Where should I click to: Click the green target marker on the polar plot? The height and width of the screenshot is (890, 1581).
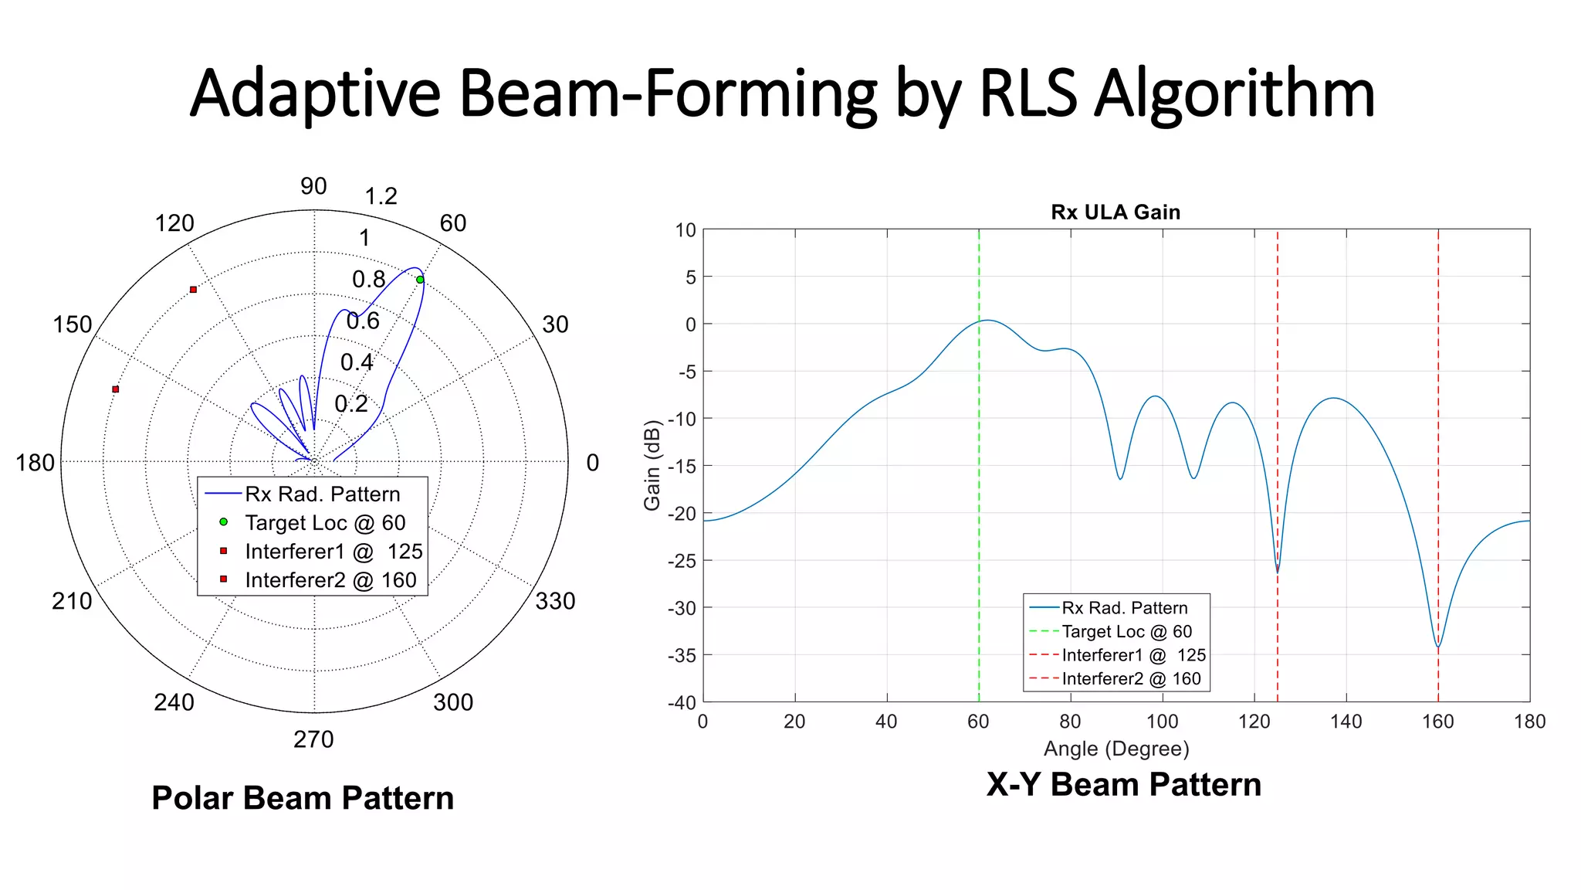pyautogui.click(x=420, y=280)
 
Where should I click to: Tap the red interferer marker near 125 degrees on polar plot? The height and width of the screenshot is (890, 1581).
pyautogui.click(x=193, y=290)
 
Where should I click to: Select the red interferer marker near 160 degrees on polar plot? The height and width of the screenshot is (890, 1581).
pyautogui.click(x=116, y=389)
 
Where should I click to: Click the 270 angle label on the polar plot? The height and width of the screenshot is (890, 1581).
pyautogui.click(x=313, y=739)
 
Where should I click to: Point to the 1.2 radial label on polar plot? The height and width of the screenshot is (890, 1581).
pyautogui.click(x=381, y=196)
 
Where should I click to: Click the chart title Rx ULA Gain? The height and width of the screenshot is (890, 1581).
pyautogui.click(x=1116, y=212)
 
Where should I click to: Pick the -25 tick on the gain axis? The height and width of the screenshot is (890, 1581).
pyautogui.click(x=682, y=561)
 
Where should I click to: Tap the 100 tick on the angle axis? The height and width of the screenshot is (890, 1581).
pyautogui.click(x=1162, y=722)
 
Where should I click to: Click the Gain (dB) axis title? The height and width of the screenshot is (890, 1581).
pyautogui.click(x=652, y=465)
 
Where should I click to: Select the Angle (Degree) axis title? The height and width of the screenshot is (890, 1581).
pyautogui.click(x=1116, y=749)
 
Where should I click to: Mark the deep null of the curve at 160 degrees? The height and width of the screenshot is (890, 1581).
pyautogui.click(x=1438, y=645)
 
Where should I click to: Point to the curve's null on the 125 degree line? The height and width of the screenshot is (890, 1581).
pyautogui.click(x=1278, y=570)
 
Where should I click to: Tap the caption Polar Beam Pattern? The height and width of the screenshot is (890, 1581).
pyautogui.click(x=303, y=798)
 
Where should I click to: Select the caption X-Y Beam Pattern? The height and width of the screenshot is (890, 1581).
pyautogui.click(x=1123, y=784)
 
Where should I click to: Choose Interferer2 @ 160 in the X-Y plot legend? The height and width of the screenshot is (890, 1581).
pyautogui.click(x=1131, y=679)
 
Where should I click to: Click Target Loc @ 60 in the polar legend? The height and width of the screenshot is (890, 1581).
pyautogui.click(x=325, y=523)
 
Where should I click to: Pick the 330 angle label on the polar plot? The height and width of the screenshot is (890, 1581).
pyautogui.click(x=555, y=601)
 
